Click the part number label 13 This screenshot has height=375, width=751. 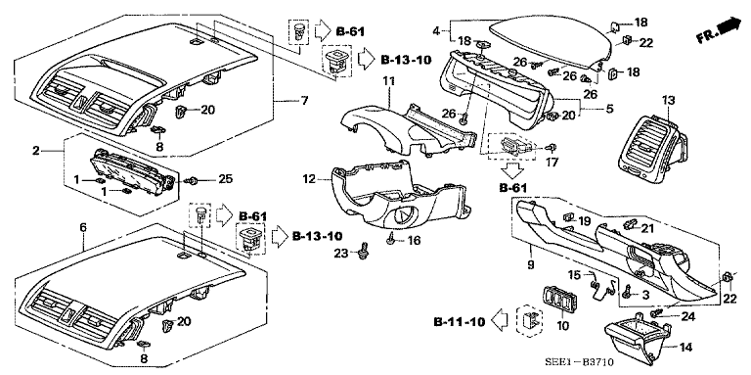(668, 101)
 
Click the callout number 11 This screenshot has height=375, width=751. (388, 79)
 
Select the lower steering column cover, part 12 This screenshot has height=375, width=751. (391, 196)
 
